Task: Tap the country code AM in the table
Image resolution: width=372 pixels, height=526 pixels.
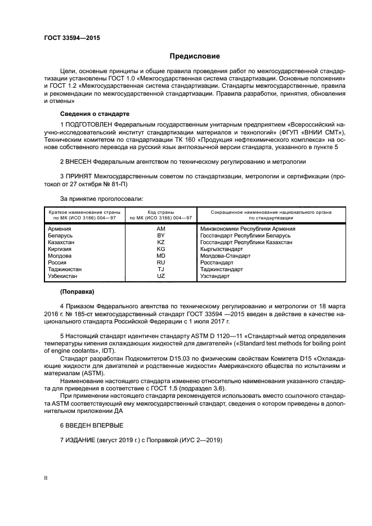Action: [x=161, y=229]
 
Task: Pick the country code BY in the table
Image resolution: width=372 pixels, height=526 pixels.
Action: [x=161, y=236]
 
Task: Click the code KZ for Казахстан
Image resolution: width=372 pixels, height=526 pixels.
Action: [x=161, y=242]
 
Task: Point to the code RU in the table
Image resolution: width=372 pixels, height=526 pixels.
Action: [x=161, y=262]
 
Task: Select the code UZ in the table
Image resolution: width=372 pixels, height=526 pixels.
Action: [x=161, y=276]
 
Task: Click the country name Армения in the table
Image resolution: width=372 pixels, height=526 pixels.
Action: [x=60, y=229]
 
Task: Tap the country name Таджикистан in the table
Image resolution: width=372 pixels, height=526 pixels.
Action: [x=65, y=269]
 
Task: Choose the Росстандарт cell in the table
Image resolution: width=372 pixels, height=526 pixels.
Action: [x=217, y=262]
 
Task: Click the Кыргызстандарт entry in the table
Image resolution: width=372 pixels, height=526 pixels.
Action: [x=222, y=249]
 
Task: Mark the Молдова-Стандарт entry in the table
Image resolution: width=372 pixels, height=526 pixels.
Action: [x=223, y=255]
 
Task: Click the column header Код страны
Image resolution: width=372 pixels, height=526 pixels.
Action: [x=161, y=212]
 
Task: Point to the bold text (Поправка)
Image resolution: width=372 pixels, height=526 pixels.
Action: [x=77, y=291]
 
